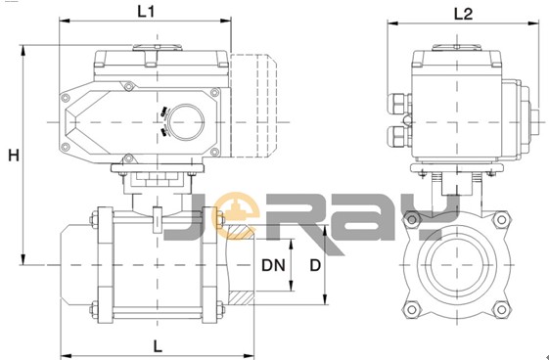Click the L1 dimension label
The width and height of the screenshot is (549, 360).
pyautogui.click(x=146, y=12)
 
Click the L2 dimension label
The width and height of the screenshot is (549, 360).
pyautogui.click(x=463, y=14)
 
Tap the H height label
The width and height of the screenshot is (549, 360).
pyautogui.click(x=14, y=155)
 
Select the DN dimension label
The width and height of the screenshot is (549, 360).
pyautogui.click(x=273, y=265)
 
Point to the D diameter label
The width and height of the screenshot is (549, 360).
pyautogui.click(x=315, y=265)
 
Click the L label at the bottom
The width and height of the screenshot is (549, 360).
pyautogui.click(x=158, y=346)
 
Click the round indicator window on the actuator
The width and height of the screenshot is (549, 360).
pyautogui.click(x=186, y=122)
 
